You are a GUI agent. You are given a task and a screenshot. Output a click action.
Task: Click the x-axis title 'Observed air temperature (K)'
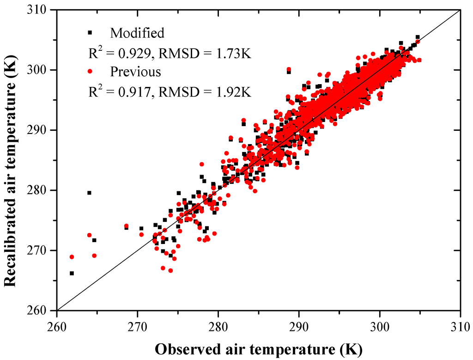click(258, 347)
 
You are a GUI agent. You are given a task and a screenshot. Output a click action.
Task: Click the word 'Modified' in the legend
click(137, 33)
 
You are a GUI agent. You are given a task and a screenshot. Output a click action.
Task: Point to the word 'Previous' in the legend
click(135, 72)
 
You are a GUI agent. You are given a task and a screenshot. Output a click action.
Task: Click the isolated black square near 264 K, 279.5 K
click(90, 193)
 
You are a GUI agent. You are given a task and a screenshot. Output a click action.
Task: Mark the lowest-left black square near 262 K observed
click(72, 273)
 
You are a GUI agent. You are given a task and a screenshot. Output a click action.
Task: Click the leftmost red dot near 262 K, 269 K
click(72, 257)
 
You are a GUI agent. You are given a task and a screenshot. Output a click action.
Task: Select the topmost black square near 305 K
click(418, 37)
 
